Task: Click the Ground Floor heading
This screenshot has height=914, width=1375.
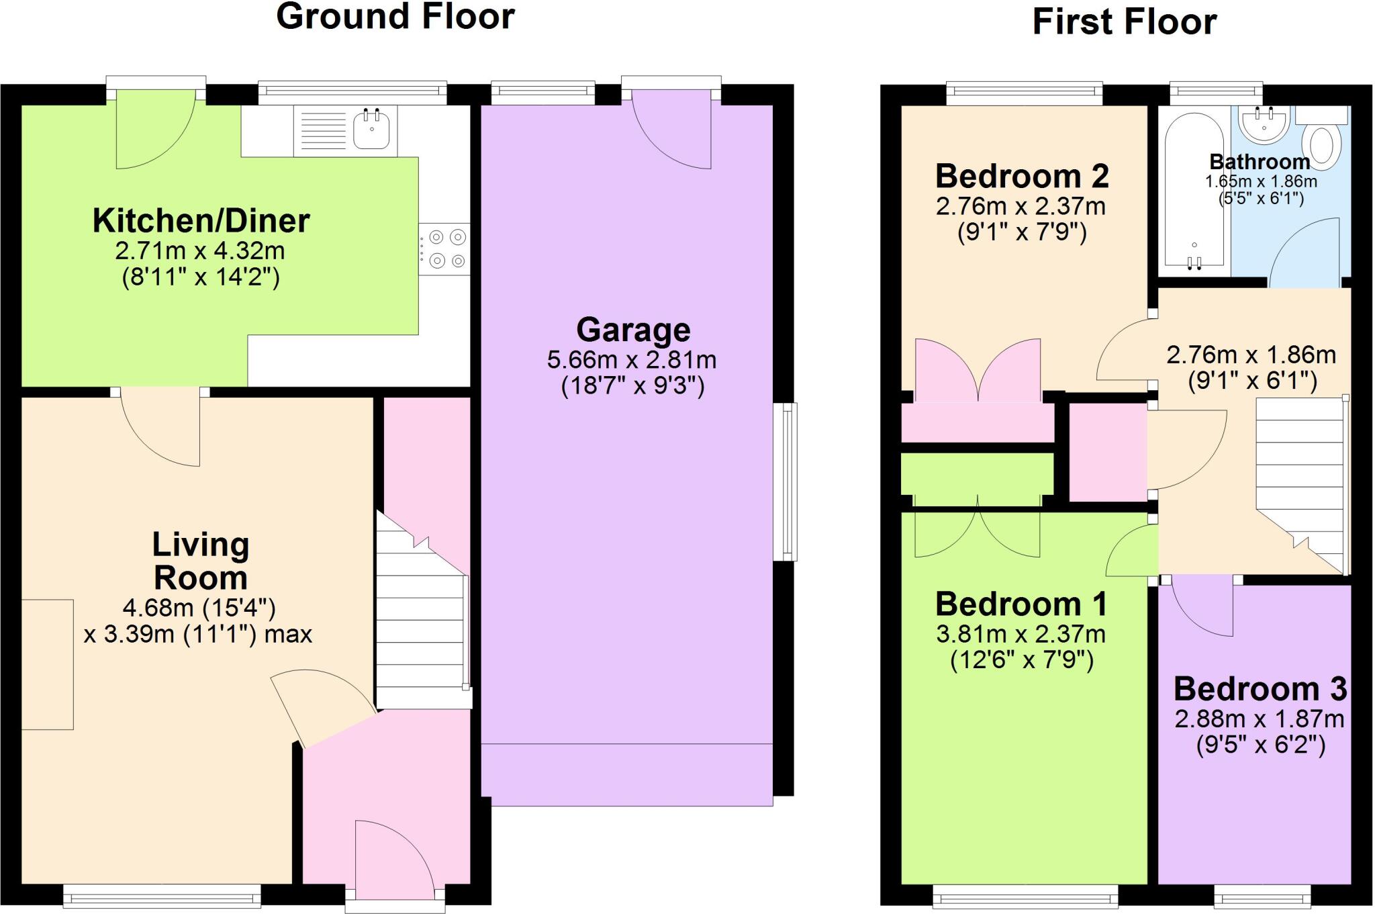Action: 395,16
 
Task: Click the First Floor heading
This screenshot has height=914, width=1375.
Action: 1124,21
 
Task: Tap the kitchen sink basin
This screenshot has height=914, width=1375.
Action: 371,130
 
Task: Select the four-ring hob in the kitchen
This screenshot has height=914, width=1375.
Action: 444,248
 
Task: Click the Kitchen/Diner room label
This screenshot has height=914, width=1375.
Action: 201,221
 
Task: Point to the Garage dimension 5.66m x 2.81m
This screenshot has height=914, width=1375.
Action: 631,360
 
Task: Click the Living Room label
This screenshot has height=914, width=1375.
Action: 200,561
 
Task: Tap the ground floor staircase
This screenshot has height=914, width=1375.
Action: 420,618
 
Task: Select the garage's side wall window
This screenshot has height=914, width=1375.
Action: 785,481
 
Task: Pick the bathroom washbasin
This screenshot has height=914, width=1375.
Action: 1264,125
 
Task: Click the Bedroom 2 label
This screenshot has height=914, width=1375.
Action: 1021,177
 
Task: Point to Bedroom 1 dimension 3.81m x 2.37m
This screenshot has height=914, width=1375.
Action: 1021,634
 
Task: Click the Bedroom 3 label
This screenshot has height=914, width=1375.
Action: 1260,689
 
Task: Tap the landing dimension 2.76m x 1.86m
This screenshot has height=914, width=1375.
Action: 1251,355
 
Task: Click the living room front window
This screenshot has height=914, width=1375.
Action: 162,895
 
